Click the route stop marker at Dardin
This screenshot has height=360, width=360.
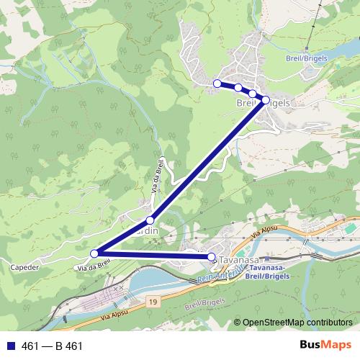point(150,220)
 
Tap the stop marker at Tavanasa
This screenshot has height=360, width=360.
point(211,257)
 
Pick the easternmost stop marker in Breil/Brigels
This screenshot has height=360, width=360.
point(266,100)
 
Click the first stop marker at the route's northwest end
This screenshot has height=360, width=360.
point(217,84)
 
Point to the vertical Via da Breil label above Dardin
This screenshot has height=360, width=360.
point(158,174)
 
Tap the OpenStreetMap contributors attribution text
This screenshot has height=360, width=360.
point(296,323)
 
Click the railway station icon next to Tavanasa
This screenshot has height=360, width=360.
point(266,257)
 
